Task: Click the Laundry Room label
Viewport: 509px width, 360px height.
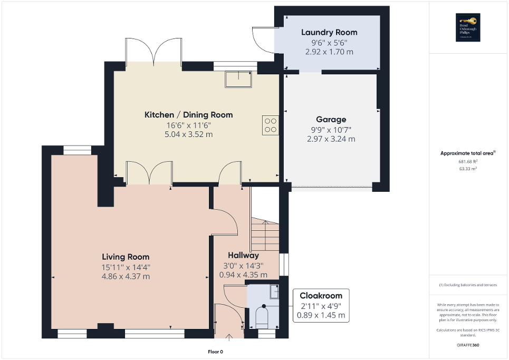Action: pyautogui.click(x=329, y=33)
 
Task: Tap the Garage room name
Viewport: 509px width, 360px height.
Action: pyautogui.click(x=331, y=120)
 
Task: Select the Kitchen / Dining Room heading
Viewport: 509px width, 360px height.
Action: pyautogui.click(x=188, y=115)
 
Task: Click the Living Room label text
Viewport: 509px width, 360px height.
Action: pyautogui.click(x=126, y=257)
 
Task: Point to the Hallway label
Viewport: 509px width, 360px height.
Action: pyautogui.click(x=243, y=256)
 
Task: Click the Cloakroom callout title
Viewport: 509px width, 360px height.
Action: pyautogui.click(x=321, y=296)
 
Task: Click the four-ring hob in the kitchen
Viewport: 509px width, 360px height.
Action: pyautogui.click(x=271, y=125)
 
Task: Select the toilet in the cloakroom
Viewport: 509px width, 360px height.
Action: pyautogui.click(x=262, y=316)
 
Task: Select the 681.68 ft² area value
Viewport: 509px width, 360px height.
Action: pyautogui.click(x=468, y=161)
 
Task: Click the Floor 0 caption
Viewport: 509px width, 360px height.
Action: pyautogui.click(x=216, y=352)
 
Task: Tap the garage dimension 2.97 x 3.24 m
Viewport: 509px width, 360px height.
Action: pyautogui.click(x=331, y=139)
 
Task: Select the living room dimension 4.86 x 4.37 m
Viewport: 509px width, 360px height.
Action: pyautogui.click(x=126, y=276)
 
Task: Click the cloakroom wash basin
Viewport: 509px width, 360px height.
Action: pyautogui.click(x=275, y=291)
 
